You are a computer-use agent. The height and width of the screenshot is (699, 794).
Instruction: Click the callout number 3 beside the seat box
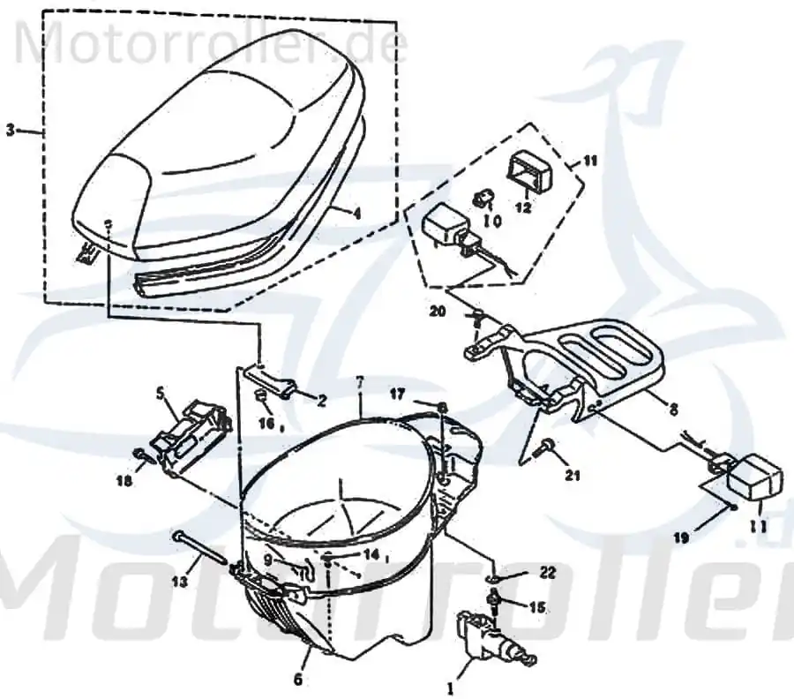pyautogui.click(x=10, y=130)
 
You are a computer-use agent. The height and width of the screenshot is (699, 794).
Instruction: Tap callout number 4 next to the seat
pyautogui.click(x=356, y=214)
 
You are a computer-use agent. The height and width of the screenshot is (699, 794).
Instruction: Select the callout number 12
pyautogui.click(x=524, y=207)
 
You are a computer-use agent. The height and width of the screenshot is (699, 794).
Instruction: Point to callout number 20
pyautogui.click(x=438, y=311)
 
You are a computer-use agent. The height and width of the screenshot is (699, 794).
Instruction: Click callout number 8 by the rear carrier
pyautogui.click(x=673, y=410)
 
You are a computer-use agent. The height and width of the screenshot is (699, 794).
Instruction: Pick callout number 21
pyautogui.click(x=573, y=475)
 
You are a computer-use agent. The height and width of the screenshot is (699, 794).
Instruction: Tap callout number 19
pyautogui.click(x=681, y=537)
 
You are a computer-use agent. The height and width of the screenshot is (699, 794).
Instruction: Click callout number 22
pyautogui.click(x=547, y=573)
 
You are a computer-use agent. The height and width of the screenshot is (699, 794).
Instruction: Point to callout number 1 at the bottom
pyautogui.click(x=450, y=688)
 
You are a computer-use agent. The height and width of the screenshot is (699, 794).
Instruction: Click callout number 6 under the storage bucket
pyautogui.click(x=298, y=680)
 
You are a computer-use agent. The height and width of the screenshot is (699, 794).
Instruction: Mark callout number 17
pyautogui.click(x=397, y=394)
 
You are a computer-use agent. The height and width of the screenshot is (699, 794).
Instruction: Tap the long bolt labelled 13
pyautogui.click(x=201, y=546)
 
